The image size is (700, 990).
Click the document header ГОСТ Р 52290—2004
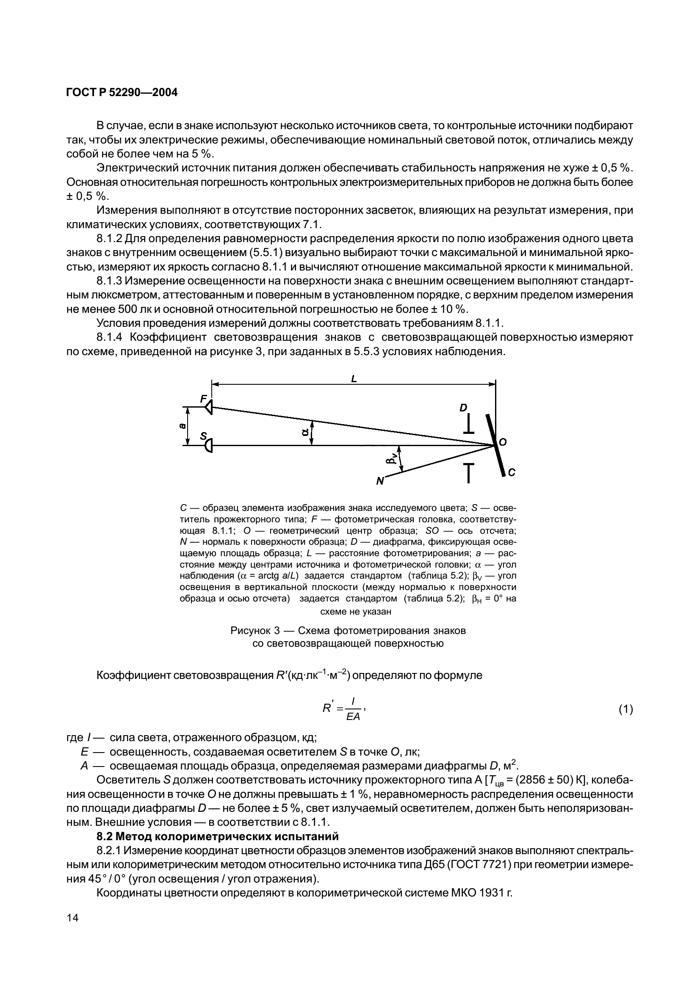tap(122, 92)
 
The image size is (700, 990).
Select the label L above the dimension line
tap(354, 379)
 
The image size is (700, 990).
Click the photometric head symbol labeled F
tap(208, 407)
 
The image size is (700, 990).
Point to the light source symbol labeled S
tap(209, 445)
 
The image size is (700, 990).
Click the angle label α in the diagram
tap(305, 432)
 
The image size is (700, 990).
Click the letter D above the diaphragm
tap(463, 408)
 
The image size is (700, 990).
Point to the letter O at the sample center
tap(503, 442)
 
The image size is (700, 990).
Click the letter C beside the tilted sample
tap(512, 473)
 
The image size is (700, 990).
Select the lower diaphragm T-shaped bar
tap(468, 472)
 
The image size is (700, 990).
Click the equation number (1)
tap(625, 709)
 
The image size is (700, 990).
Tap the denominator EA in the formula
tap(353, 717)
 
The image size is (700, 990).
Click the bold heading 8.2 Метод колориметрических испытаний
tap(217, 836)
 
